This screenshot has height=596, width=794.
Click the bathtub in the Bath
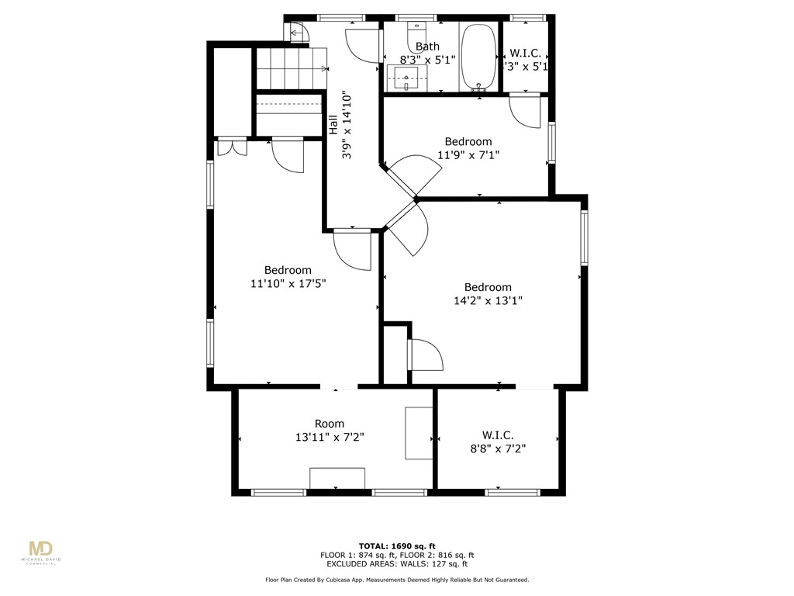[x=478, y=58]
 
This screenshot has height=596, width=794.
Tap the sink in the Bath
[x=406, y=76]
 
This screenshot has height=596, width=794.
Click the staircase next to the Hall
[x=290, y=68]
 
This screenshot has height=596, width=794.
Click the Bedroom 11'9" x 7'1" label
[x=468, y=148]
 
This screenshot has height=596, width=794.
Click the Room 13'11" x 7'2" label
[x=329, y=430]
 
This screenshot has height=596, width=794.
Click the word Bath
[x=427, y=47]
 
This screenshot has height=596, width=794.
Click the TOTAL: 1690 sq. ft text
[x=396, y=546]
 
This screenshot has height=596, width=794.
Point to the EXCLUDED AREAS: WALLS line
[x=396, y=564]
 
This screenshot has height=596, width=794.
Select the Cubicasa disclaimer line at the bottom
[x=396, y=580]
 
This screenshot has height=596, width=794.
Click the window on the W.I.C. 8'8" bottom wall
[x=513, y=492]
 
